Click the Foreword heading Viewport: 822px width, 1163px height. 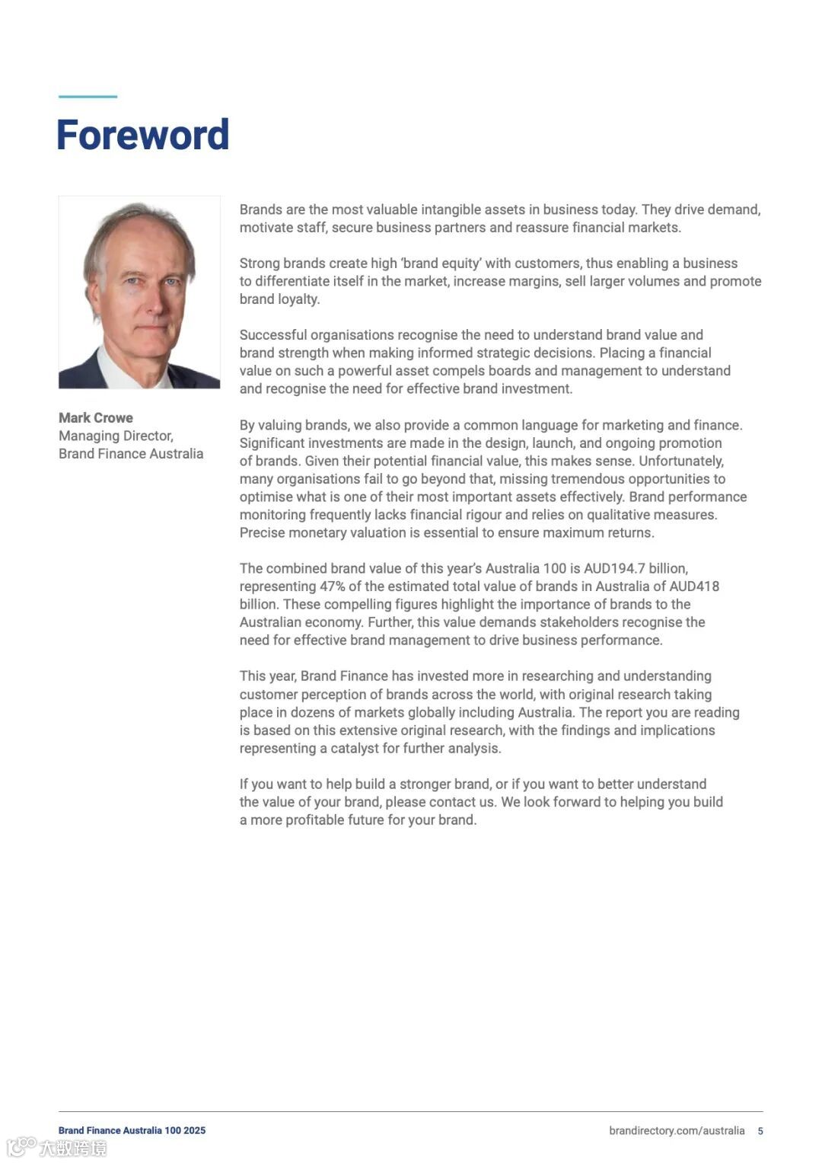(x=142, y=135)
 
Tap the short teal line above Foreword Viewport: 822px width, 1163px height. (x=88, y=97)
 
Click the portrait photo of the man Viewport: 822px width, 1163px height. (x=139, y=292)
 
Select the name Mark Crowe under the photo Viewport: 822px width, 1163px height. (x=96, y=417)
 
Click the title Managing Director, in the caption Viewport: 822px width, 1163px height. (x=116, y=436)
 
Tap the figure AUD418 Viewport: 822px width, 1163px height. (x=694, y=586)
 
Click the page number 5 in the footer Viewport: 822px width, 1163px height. (x=760, y=1131)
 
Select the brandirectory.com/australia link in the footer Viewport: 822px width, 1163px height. (x=677, y=1131)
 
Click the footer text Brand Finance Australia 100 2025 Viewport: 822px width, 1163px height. (x=132, y=1131)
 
